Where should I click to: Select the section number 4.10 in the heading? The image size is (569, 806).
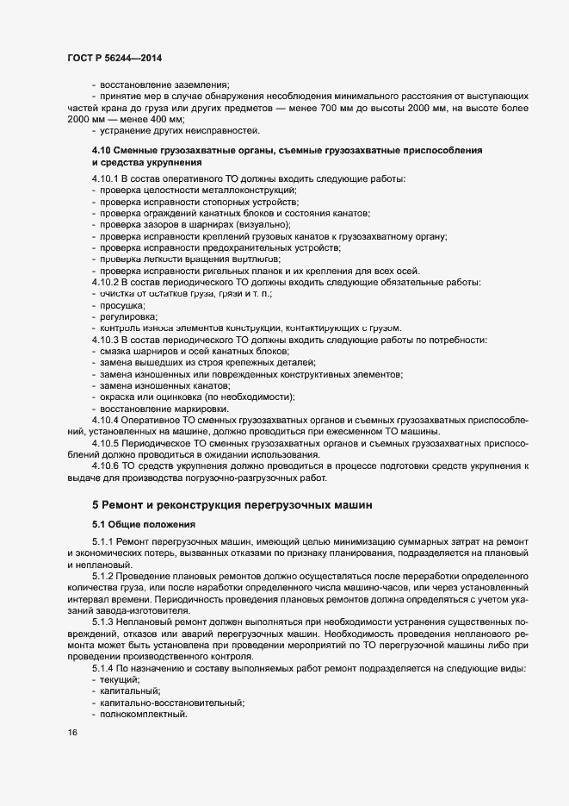click(x=102, y=151)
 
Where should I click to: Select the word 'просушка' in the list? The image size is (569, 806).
click(x=122, y=305)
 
